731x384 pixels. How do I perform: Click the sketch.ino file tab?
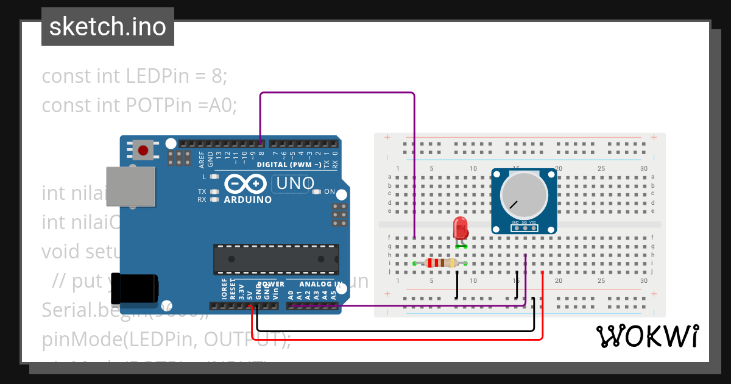[x=107, y=27]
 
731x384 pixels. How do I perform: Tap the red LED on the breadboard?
[x=461, y=229]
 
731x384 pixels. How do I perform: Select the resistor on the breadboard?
[x=440, y=263]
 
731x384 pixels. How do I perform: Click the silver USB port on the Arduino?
[x=130, y=186]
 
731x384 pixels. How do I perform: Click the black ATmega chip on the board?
[x=275, y=259]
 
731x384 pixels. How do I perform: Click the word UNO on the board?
[x=295, y=183]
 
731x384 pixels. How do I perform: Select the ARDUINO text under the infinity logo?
[x=247, y=199]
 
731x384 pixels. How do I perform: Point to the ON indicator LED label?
[x=329, y=191]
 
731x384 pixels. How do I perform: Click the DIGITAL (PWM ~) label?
[x=289, y=165]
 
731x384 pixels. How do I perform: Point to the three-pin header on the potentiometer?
[x=524, y=228]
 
